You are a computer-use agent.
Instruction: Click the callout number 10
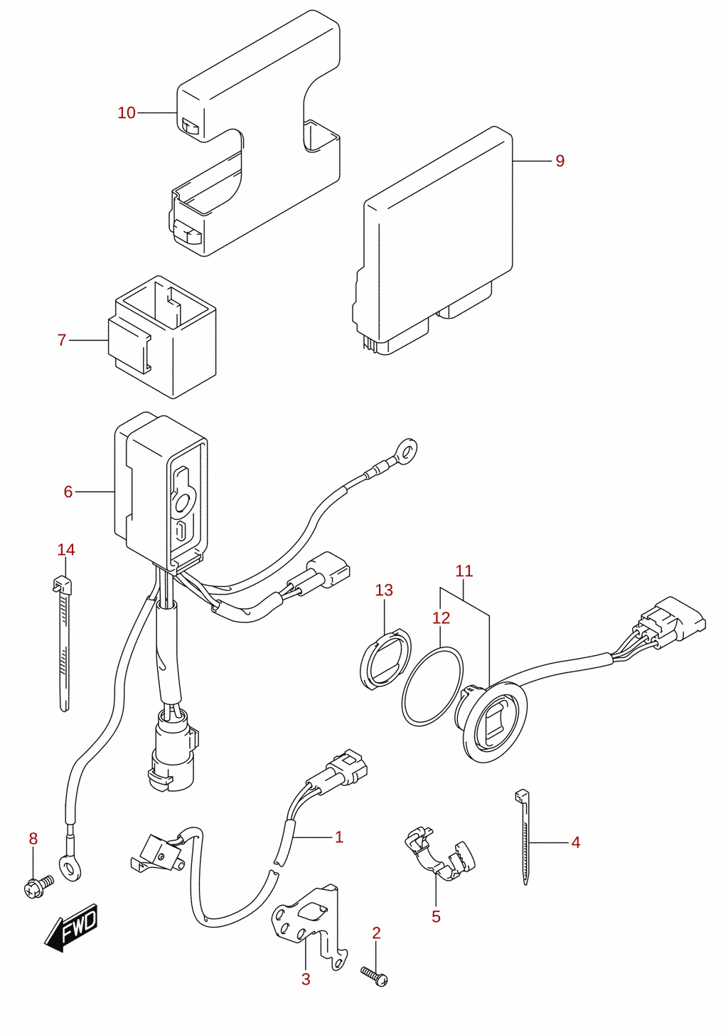click(x=126, y=112)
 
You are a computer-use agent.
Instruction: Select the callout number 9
click(x=560, y=161)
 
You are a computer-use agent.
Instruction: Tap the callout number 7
click(x=62, y=340)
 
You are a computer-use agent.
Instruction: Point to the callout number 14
click(x=66, y=549)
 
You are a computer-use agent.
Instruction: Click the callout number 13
click(x=384, y=590)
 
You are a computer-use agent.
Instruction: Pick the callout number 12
click(x=441, y=617)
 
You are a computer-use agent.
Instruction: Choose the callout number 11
click(x=464, y=571)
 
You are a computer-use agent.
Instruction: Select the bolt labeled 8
click(x=38, y=886)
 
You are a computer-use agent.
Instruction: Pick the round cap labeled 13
click(x=385, y=659)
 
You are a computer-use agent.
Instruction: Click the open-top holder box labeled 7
click(x=161, y=337)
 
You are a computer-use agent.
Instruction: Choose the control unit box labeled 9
click(x=432, y=240)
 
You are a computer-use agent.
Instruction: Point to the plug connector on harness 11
click(x=672, y=622)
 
